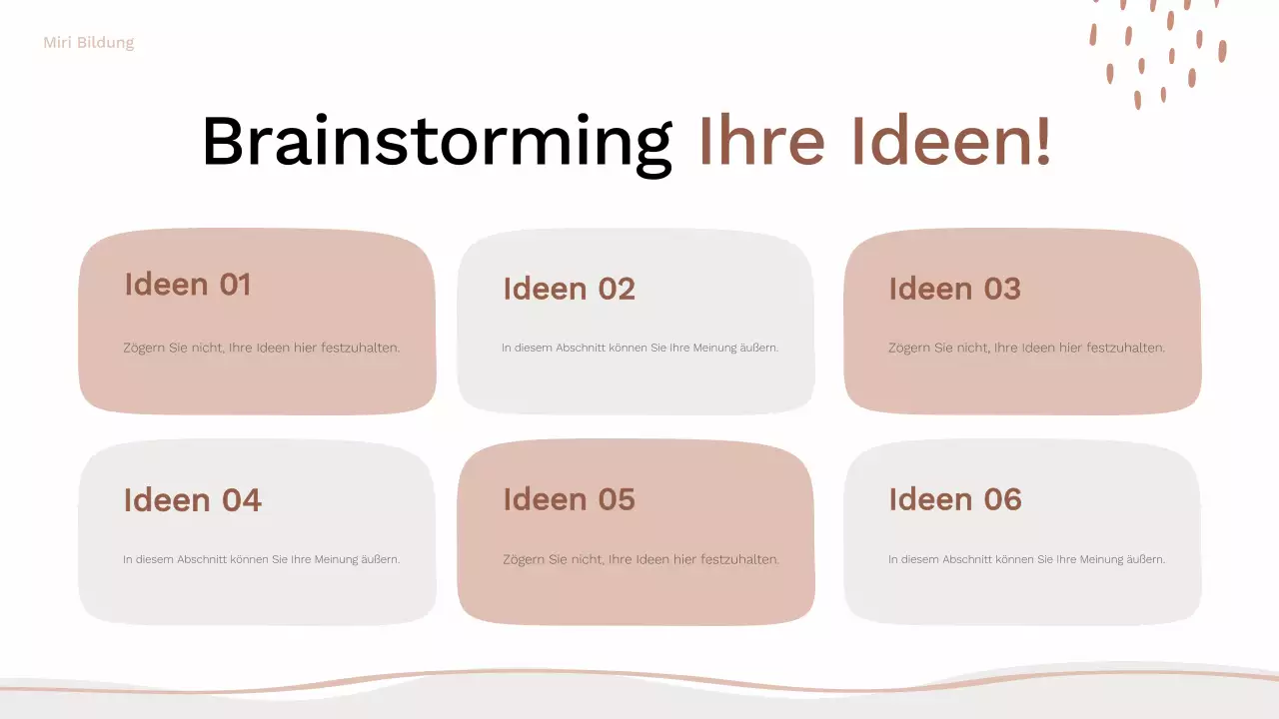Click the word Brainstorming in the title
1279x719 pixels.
pyautogui.click(x=437, y=142)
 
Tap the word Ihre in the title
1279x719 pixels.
pyautogui.click(x=761, y=140)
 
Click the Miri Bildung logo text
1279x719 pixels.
pyautogui.click(x=89, y=43)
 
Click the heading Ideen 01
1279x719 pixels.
pyautogui.click(x=188, y=285)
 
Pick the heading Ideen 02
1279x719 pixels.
pyautogui.click(x=569, y=289)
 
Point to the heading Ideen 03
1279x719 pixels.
pyautogui.click(x=954, y=289)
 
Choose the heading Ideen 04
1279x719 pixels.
pyautogui.click(x=192, y=499)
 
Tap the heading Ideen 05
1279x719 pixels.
pyautogui.click(x=569, y=499)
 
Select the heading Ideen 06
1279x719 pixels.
pyautogui.click(x=954, y=499)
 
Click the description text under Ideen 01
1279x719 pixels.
pyautogui.click(x=262, y=348)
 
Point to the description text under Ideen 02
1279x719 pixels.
pyautogui.click(x=639, y=348)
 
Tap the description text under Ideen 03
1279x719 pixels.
pyautogui.click(x=1026, y=348)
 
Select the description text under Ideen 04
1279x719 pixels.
pyautogui.click(x=262, y=559)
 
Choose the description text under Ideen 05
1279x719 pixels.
pyautogui.click(x=640, y=559)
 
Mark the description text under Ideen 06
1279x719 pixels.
pyautogui.click(x=1026, y=559)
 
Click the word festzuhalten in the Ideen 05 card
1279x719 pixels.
pyautogui.click(x=739, y=559)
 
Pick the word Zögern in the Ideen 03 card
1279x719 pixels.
pyautogui.click(x=909, y=348)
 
